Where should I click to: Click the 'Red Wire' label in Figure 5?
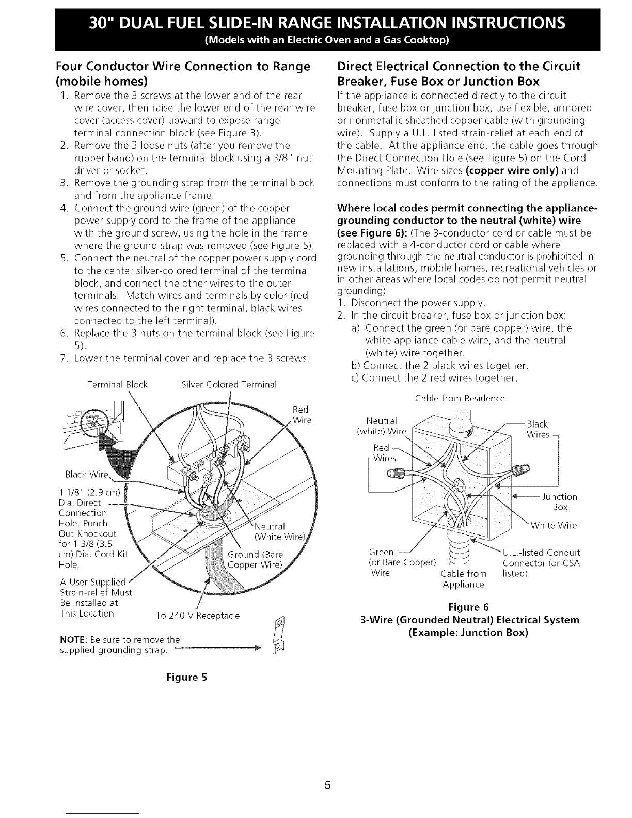[x=300, y=415]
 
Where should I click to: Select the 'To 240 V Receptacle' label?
[x=198, y=616]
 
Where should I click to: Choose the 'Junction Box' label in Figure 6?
[x=560, y=501]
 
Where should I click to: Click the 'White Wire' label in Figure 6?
[x=554, y=526]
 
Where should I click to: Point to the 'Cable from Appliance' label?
[x=464, y=579]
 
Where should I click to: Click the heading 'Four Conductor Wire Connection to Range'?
[x=184, y=67]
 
